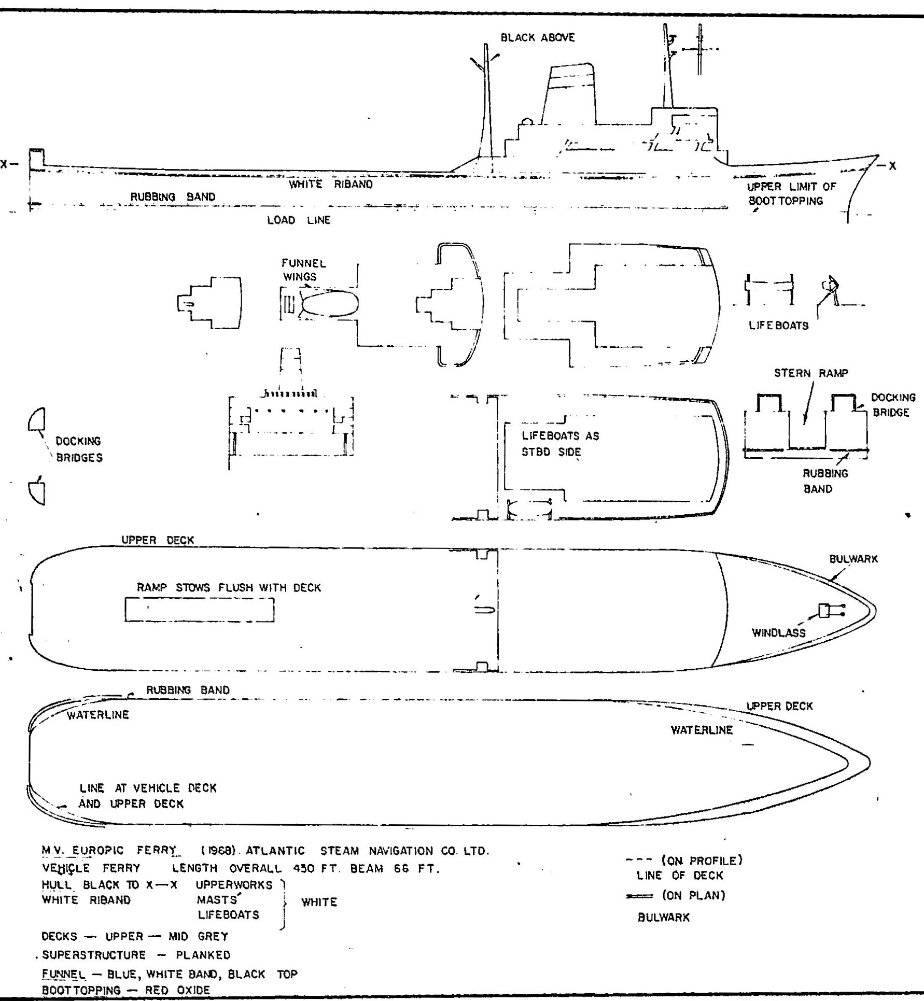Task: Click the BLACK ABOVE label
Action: [538, 38]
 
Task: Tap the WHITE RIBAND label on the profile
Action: [331, 184]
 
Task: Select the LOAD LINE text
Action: [299, 220]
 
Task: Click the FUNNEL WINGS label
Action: [304, 270]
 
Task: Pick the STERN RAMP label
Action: [811, 373]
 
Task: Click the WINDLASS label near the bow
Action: [779, 632]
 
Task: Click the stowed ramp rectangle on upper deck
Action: [200, 610]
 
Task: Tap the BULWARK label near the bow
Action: [853, 559]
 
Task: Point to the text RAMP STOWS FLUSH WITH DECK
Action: [229, 588]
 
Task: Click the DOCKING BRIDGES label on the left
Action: [79, 449]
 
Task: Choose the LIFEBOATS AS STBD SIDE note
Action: [560, 444]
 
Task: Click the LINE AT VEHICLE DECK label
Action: [148, 788]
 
